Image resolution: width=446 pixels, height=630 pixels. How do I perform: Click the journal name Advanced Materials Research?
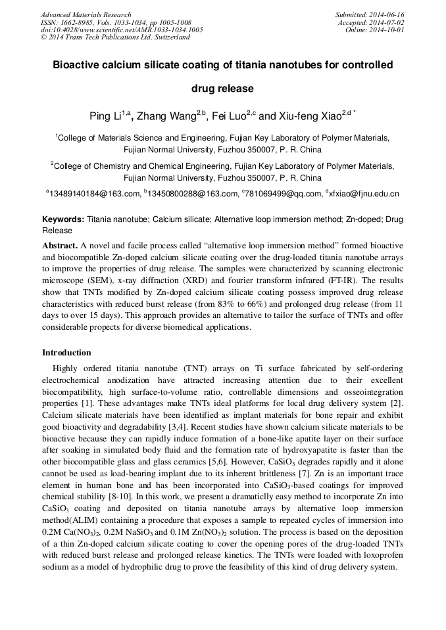(86, 14)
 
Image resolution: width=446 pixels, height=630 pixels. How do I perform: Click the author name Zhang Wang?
(166, 116)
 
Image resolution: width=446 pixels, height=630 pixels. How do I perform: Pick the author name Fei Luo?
(229, 116)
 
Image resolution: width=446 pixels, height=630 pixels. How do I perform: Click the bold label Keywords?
(63, 219)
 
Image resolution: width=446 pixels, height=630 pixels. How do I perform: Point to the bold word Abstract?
(59, 244)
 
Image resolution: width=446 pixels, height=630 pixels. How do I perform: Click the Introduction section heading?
(66, 353)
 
